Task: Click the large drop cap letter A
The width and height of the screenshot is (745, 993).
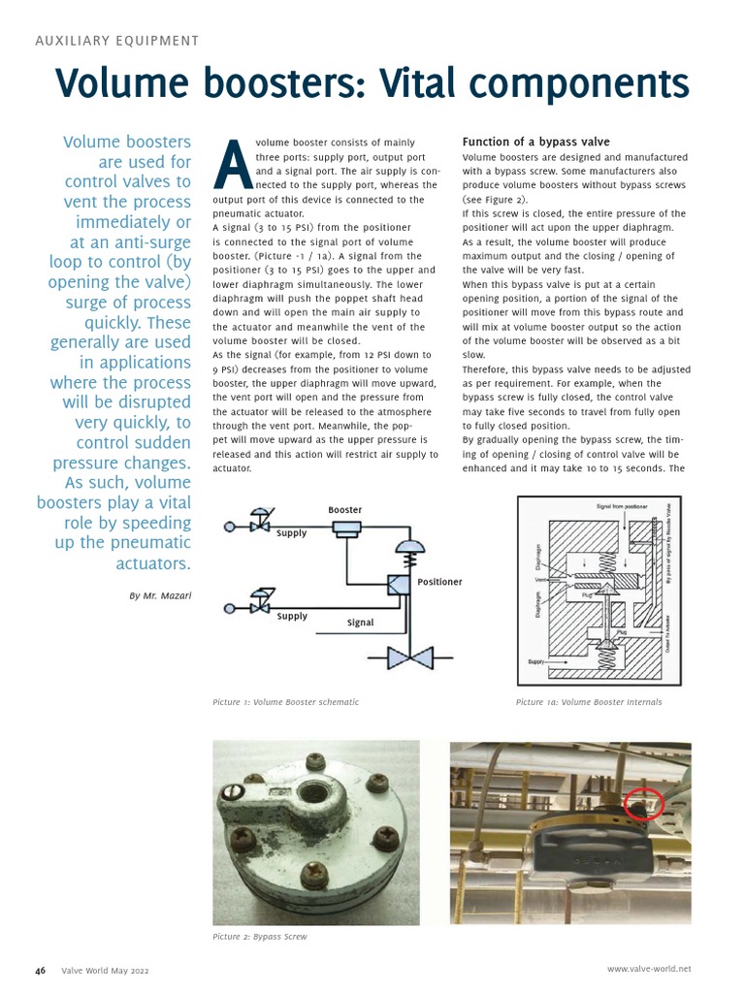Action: [232, 166]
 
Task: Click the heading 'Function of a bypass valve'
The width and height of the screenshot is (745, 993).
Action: [535, 142]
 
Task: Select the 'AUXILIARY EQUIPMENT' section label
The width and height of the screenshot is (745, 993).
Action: [116, 41]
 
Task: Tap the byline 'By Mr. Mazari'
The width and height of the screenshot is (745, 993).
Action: [160, 594]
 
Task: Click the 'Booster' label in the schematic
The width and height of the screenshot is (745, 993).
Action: [344, 510]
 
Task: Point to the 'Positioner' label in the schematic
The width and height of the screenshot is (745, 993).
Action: [439, 582]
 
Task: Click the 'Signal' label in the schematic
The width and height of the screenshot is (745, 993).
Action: [360, 623]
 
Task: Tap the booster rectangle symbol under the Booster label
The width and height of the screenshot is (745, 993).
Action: [345, 529]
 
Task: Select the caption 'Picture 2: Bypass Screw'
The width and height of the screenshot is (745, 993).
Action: [260, 938]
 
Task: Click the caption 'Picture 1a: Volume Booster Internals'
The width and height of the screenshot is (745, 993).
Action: [589, 702]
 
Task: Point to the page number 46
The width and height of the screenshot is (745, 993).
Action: [41, 970]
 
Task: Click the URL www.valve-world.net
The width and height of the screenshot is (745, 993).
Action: [649, 969]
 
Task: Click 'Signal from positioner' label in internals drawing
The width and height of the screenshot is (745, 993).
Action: [622, 507]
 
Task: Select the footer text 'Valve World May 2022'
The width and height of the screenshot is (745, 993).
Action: [105, 970]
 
